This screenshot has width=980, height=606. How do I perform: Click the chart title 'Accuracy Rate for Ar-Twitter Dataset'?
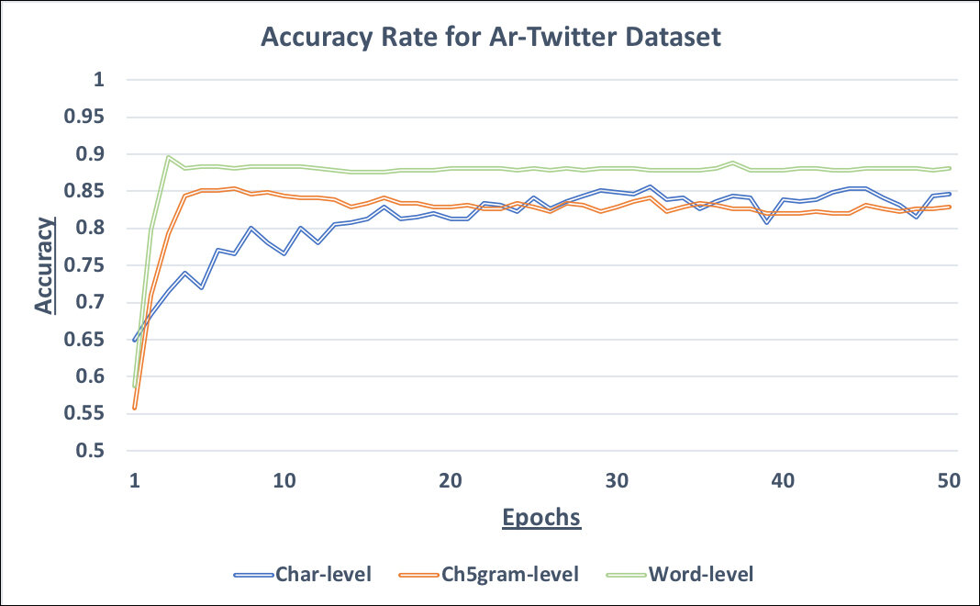491,38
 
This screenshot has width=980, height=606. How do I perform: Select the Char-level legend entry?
321,575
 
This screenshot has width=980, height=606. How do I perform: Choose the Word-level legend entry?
700,575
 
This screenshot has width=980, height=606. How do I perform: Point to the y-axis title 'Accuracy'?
45,265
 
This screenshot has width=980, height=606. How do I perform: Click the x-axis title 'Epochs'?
541,517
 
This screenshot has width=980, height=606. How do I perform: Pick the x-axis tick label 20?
451,480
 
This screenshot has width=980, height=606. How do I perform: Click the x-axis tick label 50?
948,480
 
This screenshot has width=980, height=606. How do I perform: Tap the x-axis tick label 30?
617,480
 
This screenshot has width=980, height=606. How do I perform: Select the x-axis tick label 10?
284,480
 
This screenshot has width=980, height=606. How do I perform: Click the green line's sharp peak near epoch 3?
168,157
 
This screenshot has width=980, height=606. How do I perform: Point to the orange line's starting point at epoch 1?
135,409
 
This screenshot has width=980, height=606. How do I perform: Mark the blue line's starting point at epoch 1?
135,340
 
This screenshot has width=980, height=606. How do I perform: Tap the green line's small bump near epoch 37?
732,163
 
